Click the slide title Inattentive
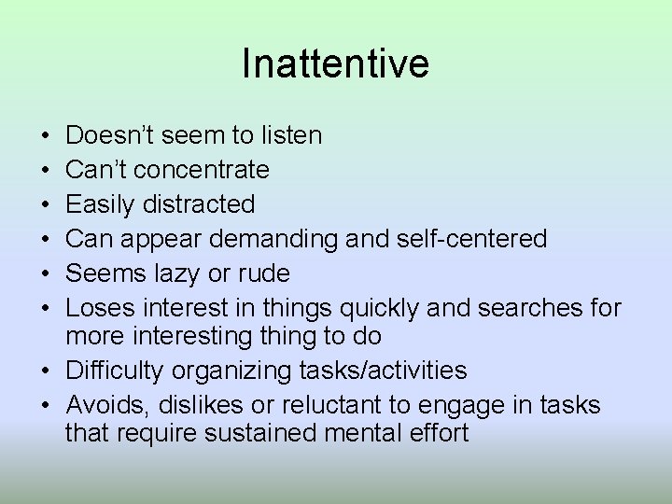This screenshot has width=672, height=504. (x=335, y=64)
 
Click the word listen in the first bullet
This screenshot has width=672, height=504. (x=290, y=136)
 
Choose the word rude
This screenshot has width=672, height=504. (x=265, y=273)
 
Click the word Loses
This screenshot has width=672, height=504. (x=98, y=307)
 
